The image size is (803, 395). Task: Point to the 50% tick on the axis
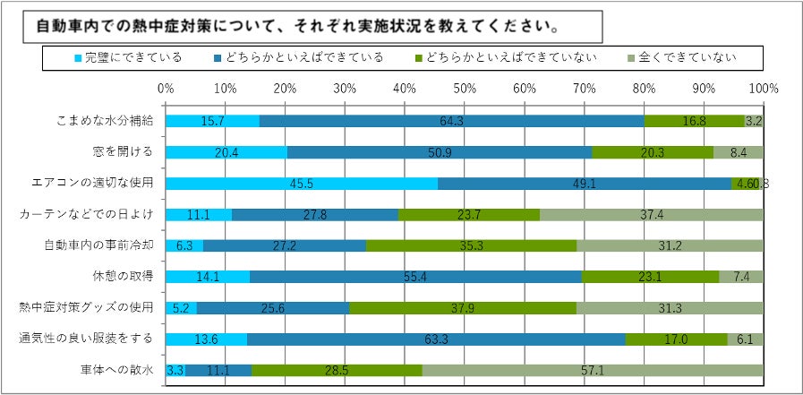coord(465,89)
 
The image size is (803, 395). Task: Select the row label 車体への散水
coord(117,370)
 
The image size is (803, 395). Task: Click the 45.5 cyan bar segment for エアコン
coord(301,184)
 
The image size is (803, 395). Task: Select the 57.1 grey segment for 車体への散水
coord(593,370)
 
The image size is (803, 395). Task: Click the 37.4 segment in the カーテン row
coord(651,215)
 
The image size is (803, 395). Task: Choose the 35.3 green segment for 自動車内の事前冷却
coord(471,245)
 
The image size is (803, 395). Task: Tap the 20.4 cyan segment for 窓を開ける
coord(226,152)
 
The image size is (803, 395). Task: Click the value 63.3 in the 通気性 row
coord(436,339)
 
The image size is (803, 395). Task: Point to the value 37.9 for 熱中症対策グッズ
coord(462,308)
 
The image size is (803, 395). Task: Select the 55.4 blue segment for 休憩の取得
coord(415,277)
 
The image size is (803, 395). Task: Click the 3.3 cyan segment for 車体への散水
coord(175,370)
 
